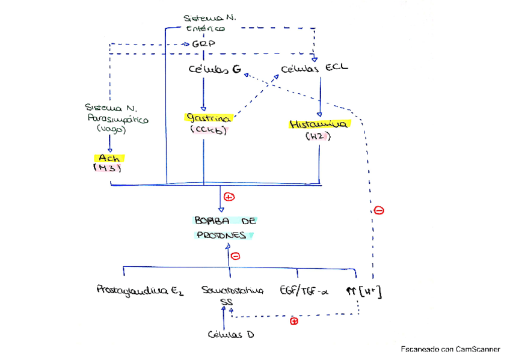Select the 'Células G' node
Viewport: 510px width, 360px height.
215,70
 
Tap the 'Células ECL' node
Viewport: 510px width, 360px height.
315,68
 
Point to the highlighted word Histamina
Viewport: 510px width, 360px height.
319,124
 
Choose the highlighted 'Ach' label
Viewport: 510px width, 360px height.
108,158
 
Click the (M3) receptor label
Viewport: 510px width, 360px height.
108,168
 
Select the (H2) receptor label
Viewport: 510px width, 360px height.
318,136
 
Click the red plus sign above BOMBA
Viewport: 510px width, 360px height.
229,197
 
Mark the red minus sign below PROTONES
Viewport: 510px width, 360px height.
236,256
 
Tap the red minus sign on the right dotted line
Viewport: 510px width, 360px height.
379,210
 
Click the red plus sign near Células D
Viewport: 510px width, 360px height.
294,322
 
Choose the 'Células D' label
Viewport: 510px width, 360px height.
230,334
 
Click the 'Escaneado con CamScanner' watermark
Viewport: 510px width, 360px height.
450,349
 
